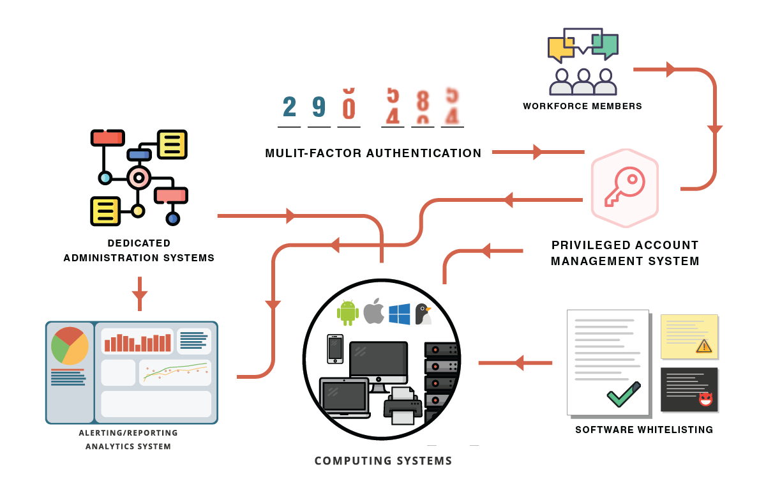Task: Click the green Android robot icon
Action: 347,312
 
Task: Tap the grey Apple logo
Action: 373,311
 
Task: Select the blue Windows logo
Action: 400,314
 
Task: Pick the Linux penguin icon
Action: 423,314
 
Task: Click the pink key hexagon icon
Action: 624,188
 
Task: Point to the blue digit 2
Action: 289,107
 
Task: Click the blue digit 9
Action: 319,107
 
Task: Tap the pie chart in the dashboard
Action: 70,346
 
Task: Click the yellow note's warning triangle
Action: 703,346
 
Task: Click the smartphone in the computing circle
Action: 335,349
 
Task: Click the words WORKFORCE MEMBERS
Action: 582,106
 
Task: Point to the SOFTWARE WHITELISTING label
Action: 644,430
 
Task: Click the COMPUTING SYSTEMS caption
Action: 383,461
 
